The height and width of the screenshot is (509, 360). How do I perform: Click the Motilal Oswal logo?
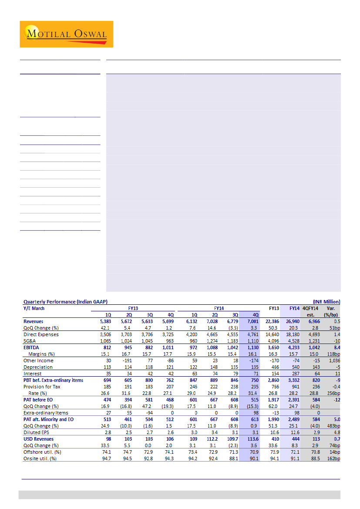66,34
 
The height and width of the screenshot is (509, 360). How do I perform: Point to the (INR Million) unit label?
326,301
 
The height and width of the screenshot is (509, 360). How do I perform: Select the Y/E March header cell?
34,308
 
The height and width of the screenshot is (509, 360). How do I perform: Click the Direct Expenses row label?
41,334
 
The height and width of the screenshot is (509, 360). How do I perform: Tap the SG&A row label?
30,341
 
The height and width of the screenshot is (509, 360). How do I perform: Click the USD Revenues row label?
38,439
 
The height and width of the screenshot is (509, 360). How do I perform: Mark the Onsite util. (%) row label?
40,458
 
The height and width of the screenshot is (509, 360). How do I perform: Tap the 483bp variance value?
333,426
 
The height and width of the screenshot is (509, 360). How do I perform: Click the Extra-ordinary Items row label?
46,413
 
